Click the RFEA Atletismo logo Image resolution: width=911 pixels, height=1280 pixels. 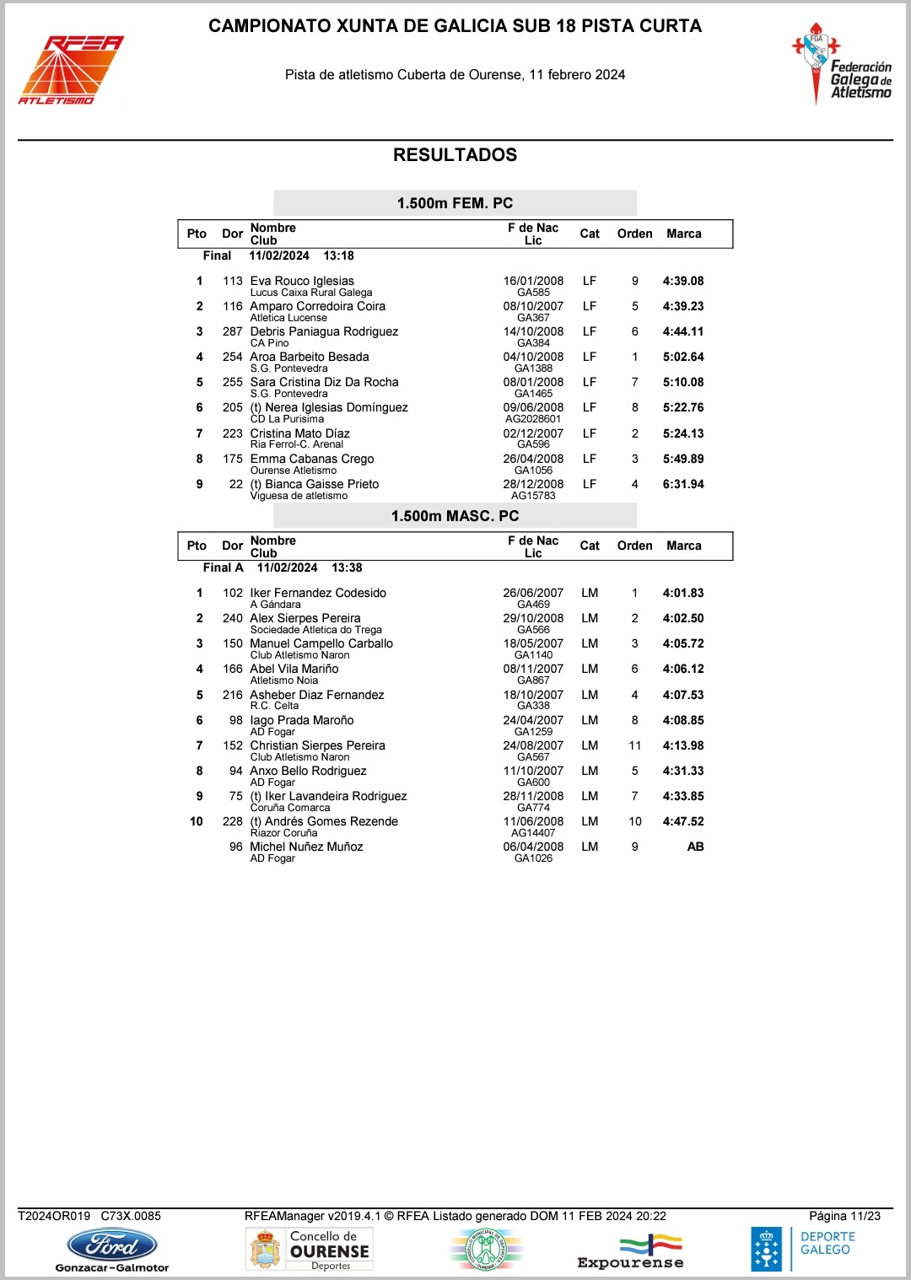click(71, 71)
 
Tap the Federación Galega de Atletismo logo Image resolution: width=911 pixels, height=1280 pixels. click(841, 66)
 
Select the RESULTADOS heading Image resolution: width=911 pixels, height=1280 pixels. click(455, 155)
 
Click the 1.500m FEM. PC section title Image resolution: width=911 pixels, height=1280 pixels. click(455, 203)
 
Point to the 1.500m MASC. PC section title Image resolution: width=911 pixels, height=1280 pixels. click(455, 516)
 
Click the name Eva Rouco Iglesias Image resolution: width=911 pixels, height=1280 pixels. click(302, 281)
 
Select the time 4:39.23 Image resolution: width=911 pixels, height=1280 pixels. click(682, 306)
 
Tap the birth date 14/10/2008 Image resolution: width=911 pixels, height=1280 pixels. click(533, 331)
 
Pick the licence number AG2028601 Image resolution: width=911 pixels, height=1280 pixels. click(533, 419)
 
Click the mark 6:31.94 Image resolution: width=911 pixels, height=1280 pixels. click(682, 484)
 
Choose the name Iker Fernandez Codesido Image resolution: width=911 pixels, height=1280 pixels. click(318, 593)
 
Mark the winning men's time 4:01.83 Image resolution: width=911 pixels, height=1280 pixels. click(682, 593)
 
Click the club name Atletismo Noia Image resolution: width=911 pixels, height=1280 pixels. click(284, 680)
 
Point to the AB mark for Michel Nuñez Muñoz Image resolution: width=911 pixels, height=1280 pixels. click(695, 847)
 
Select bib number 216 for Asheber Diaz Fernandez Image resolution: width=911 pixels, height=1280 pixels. click(233, 695)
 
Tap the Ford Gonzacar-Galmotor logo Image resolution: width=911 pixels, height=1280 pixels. click(112, 1249)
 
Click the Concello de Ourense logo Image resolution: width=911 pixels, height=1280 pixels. click(310, 1249)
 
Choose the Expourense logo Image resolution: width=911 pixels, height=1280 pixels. click(631, 1251)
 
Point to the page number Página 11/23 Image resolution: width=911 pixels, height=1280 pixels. click(844, 1216)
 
